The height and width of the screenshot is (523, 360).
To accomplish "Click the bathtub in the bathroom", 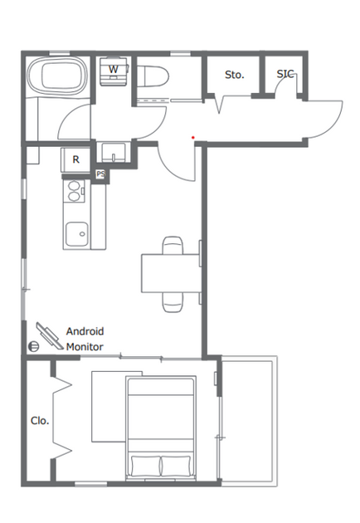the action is click(x=57, y=76).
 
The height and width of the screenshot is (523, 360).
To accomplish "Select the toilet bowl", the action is click(x=153, y=76).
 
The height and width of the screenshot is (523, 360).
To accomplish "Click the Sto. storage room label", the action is click(x=235, y=75).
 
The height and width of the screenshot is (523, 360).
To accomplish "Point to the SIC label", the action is click(x=285, y=74).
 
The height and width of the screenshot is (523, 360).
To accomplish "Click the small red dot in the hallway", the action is click(x=193, y=138).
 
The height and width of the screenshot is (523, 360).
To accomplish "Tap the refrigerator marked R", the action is click(x=75, y=159).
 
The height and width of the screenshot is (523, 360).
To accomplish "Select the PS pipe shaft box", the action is click(x=100, y=174).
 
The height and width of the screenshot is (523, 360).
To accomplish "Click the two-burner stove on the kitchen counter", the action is click(x=74, y=191).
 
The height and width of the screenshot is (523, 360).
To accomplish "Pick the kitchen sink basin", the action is click(x=77, y=234).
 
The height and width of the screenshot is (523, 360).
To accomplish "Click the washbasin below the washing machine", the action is click(x=114, y=153).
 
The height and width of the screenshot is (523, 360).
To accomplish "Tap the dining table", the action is click(x=170, y=273).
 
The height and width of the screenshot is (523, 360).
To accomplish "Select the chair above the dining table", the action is click(x=173, y=245).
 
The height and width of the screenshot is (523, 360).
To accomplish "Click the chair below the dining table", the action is click(x=173, y=302).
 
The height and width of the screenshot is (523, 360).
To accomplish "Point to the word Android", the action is click(x=85, y=331).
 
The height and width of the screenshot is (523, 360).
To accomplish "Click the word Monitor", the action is click(x=85, y=347).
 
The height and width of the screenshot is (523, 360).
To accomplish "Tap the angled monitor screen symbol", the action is click(x=50, y=336).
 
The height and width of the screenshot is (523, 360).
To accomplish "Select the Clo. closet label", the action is click(x=40, y=421).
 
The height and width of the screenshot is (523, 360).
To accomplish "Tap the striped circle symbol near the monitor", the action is click(x=33, y=346).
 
